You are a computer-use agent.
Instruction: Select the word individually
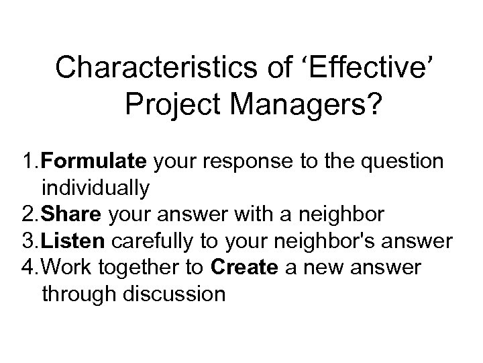tap(95, 188)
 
